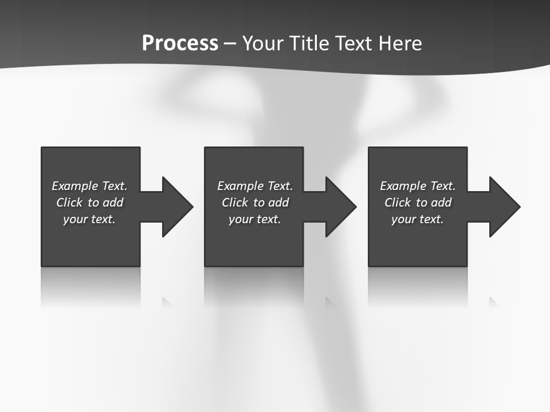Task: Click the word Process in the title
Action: click(x=180, y=43)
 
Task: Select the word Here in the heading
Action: click(x=399, y=43)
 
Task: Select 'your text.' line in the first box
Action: click(x=89, y=219)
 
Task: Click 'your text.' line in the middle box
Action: click(x=255, y=219)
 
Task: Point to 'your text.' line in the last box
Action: click(x=418, y=219)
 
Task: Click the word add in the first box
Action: click(x=113, y=203)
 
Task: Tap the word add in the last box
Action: click(x=441, y=203)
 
